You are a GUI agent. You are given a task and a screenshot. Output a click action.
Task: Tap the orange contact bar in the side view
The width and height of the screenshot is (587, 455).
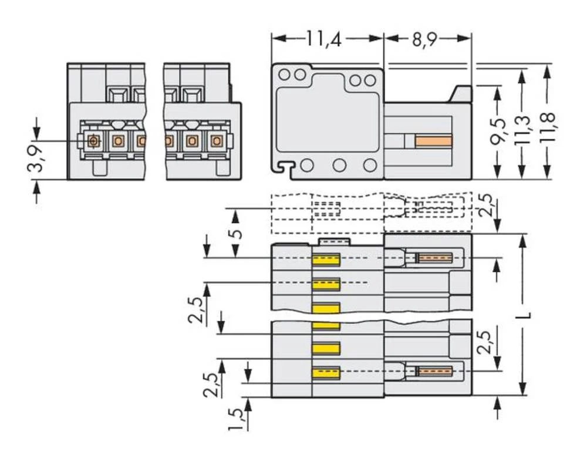click(433, 141)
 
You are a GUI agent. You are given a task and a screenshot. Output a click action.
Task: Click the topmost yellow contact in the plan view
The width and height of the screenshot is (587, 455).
click(326, 259)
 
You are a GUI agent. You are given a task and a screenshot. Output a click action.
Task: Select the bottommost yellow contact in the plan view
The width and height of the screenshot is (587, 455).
click(326, 372)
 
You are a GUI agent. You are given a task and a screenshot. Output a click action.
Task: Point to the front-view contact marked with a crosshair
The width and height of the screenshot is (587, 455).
click(93, 141)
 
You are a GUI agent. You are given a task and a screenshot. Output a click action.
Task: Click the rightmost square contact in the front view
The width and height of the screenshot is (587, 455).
click(216, 141)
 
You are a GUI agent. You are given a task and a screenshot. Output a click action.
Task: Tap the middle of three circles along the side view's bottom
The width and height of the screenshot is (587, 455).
click(339, 166)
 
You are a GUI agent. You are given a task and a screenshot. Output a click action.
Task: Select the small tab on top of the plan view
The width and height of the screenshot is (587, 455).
click(333, 241)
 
